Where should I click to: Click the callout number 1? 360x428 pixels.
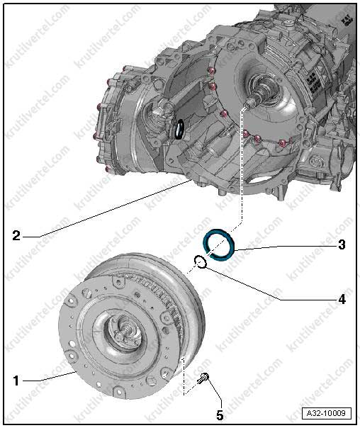16,381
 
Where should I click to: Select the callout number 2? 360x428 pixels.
16,235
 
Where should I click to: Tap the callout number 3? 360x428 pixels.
342,244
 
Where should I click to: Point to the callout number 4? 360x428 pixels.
342,300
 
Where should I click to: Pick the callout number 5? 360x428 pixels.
220,415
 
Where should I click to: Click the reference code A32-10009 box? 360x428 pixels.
326,412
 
